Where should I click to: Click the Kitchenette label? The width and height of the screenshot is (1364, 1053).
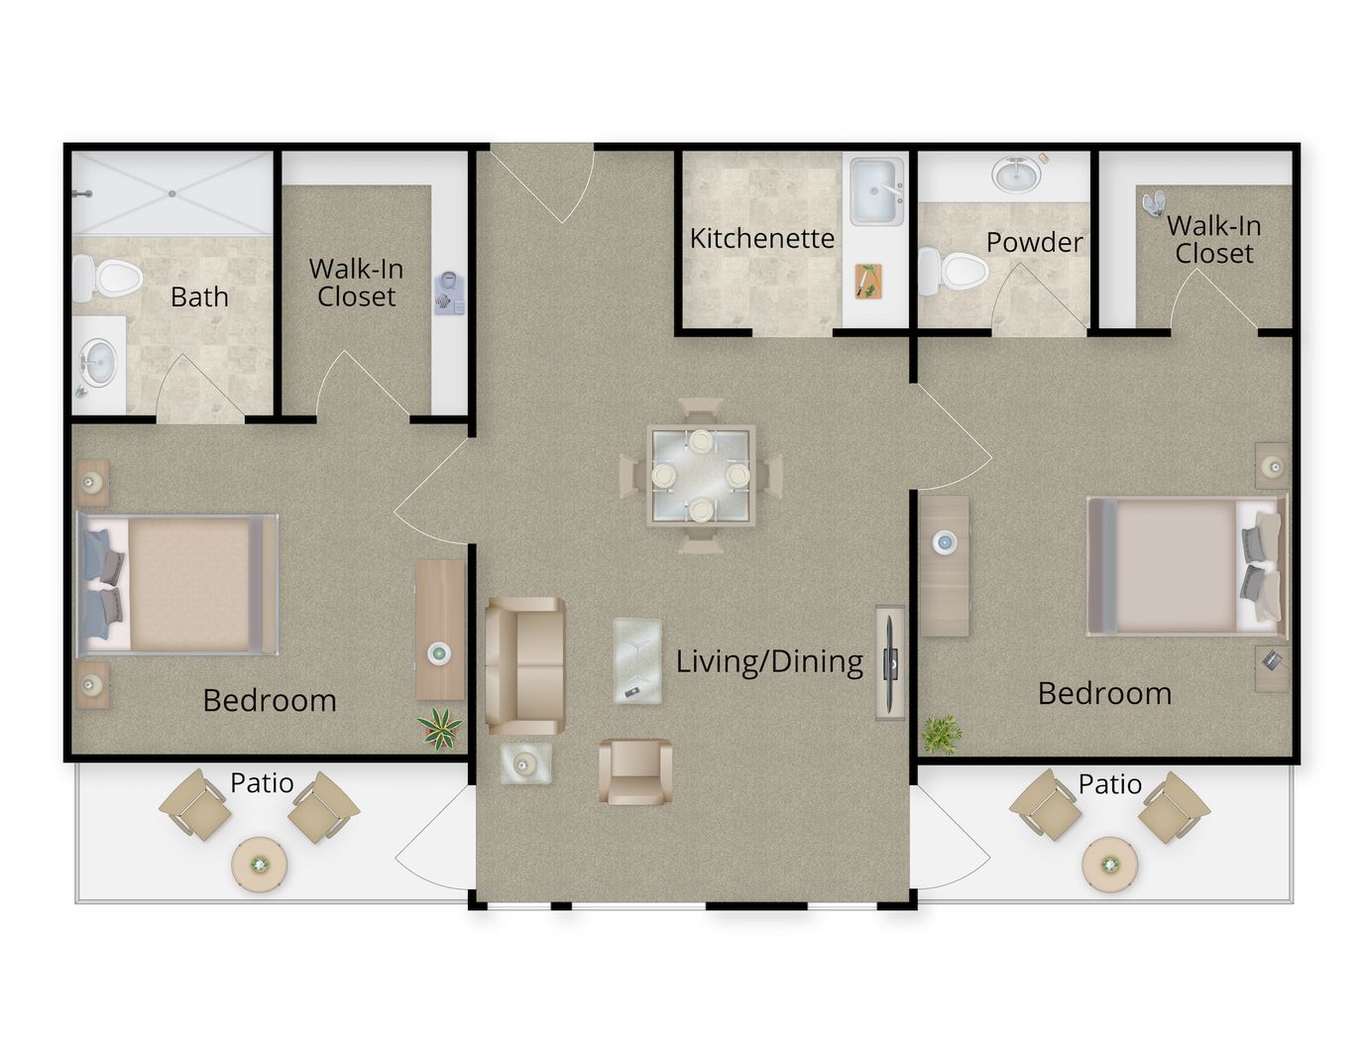[761, 239]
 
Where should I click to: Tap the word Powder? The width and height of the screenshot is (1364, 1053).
[1035, 242]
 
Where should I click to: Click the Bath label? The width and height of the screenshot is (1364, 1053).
[199, 297]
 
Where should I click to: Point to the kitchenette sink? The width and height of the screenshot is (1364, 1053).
[876, 191]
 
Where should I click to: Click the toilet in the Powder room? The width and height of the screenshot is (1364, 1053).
[953, 272]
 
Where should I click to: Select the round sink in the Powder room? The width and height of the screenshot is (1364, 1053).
[1016, 174]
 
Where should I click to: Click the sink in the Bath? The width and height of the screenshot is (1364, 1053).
[98, 363]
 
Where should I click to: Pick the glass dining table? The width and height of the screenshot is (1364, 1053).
[701, 476]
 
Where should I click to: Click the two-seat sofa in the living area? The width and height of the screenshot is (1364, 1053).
[525, 665]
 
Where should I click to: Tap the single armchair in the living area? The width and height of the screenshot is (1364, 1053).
[635, 771]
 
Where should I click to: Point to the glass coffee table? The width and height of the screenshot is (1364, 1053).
[637, 660]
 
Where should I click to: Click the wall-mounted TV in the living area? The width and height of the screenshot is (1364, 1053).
[890, 662]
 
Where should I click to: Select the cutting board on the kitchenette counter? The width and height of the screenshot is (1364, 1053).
[868, 282]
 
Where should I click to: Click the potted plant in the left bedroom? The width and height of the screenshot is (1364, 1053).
[440, 729]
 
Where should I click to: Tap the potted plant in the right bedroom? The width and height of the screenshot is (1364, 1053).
[942, 735]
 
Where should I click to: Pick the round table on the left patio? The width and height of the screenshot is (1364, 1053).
[260, 865]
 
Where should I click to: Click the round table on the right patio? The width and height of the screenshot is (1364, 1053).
[1110, 865]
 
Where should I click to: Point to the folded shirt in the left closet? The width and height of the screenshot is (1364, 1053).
[449, 292]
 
